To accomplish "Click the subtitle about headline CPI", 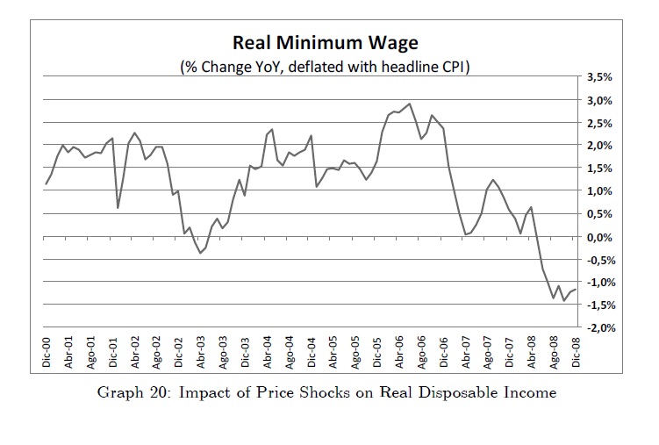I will pos(326,66).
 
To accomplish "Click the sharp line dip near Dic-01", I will pos(118,207).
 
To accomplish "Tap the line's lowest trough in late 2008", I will pos(564,300).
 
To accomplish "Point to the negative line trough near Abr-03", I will pos(200,253).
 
